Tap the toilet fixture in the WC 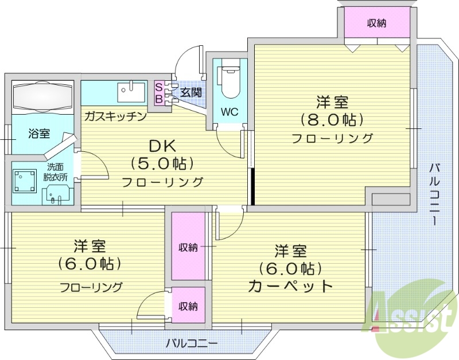click(x=229, y=81)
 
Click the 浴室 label click(x=39, y=134)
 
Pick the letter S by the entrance click(x=159, y=87)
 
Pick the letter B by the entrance click(x=159, y=98)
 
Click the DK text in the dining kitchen click(x=162, y=145)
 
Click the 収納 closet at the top click(x=376, y=23)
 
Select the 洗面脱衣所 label click(x=56, y=172)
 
